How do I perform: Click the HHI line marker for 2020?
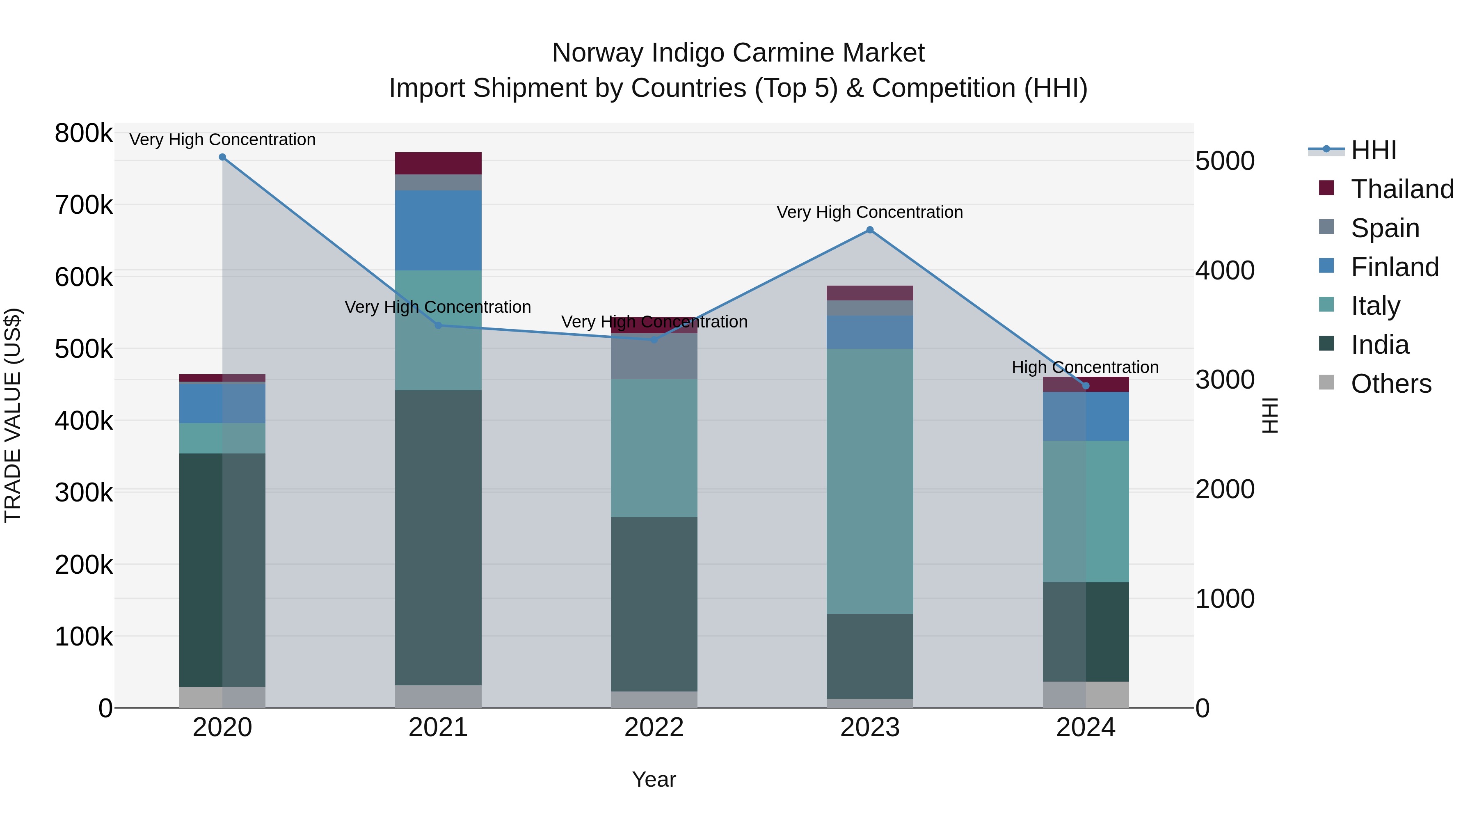click(x=222, y=157)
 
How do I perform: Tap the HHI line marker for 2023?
click(x=870, y=230)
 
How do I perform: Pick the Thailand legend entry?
click(x=1402, y=189)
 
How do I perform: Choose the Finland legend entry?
click(x=1395, y=267)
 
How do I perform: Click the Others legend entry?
click(x=1390, y=384)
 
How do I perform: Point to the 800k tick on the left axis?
click(x=84, y=134)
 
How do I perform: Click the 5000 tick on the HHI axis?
click(x=1225, y=161)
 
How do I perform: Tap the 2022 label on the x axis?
click(x=654, y=728)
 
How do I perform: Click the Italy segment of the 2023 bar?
click(x=870, y=481)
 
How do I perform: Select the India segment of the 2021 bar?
click(x=438, y=537)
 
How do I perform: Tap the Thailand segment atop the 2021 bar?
click(x=438, y=163)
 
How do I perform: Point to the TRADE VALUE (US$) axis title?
click(x=13, y=415)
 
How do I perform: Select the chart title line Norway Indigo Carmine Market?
click(x=738, y=53)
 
